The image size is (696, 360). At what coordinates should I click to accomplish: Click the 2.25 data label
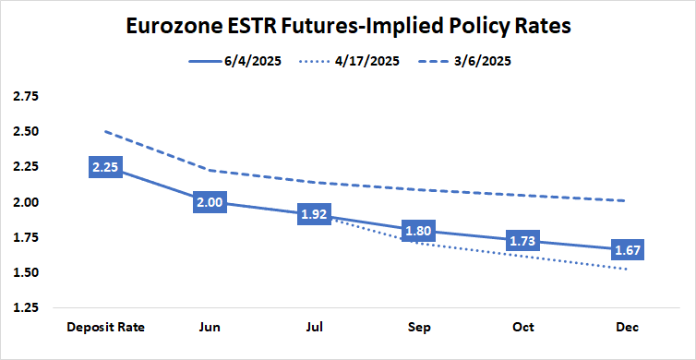click(102, 167)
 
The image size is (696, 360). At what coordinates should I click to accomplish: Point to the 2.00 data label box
click(209, 202)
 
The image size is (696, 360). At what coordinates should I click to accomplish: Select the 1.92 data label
click(315, 214)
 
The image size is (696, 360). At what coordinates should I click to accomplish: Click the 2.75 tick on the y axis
click(26, 96)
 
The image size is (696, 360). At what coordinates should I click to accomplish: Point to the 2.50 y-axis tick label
click(26, 131)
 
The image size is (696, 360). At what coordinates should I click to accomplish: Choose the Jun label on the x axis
click(209, 328)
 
